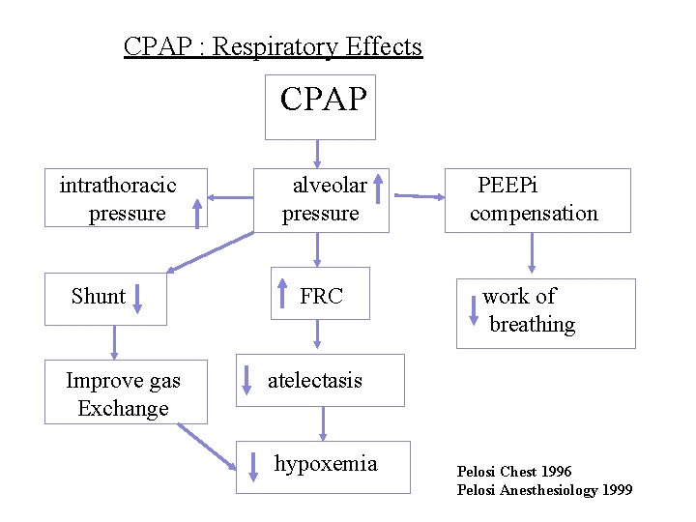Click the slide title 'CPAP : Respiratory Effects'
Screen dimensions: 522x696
pos(273,46)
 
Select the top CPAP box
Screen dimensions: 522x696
pos(323,100)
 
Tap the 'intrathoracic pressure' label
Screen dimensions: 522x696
pos(118,198)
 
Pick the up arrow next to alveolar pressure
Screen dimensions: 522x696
pos(379,188)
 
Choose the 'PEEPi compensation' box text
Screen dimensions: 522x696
pos(533,199)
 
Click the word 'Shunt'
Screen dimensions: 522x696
pos(98,297)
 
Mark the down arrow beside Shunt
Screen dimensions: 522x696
pos(137,297)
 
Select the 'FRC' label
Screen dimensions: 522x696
pos(321,297)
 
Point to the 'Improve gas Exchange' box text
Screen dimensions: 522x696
pos(123,394)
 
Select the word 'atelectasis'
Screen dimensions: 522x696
pos(315,380)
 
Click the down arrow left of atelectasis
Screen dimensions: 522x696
pos(246,380)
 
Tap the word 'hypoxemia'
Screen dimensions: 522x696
pos(326,464)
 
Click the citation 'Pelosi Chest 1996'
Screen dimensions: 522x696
pos(514,472)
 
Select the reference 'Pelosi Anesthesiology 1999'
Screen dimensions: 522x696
pos(544,490)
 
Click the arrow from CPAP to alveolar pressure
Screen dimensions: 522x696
pos(317,153)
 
